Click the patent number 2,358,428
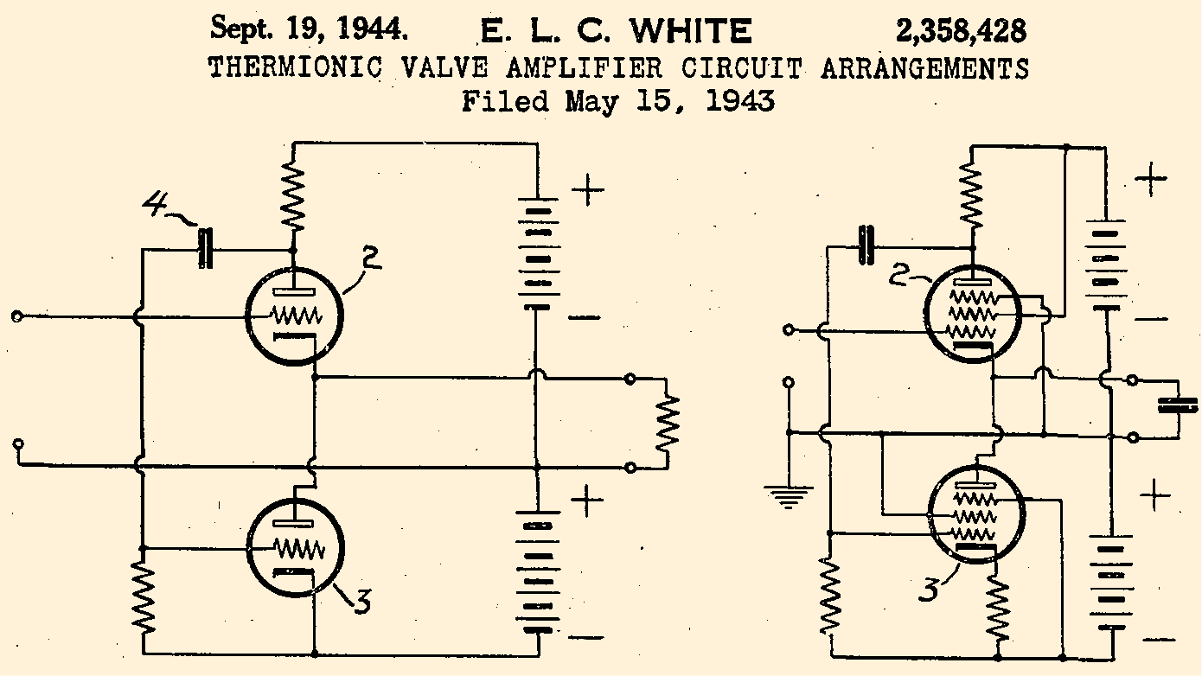(961, 32)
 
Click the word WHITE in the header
(690, 32)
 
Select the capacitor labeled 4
(205, 249)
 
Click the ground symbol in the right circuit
(788, 495)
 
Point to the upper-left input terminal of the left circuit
(16, 317)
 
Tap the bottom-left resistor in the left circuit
(143, 596)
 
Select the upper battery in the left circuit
(537, 254)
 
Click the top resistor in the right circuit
(973, 195)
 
